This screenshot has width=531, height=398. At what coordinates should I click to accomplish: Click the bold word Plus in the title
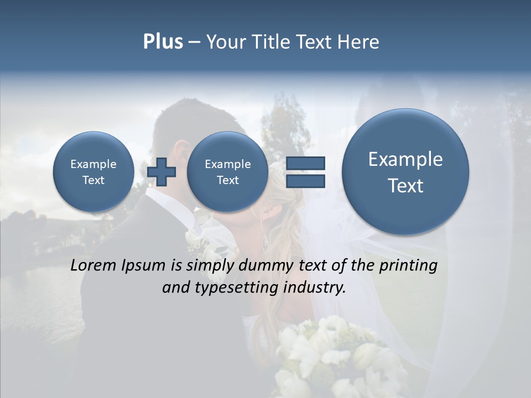pos(163,42)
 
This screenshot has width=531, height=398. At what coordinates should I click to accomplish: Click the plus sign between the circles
pos(162,172)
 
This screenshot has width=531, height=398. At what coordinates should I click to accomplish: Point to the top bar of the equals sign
pos(305,163)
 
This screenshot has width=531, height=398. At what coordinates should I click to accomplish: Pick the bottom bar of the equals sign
pos(305,181)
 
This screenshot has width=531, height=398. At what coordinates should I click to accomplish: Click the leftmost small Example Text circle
pos(93,172)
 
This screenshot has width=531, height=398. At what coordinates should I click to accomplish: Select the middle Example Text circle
pos(227,172)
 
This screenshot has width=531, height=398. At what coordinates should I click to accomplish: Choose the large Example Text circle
pos(405,172)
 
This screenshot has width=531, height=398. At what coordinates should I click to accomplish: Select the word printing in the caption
pos(408,266)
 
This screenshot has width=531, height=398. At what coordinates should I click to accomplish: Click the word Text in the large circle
pos(405,186)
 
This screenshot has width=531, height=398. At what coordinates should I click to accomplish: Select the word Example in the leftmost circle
pos(93,164)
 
